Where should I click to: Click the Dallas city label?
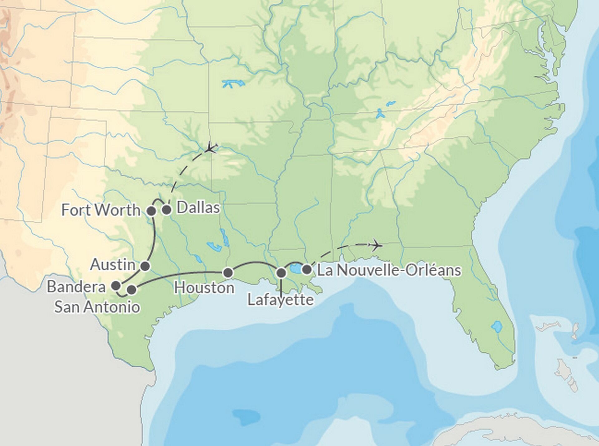(198, 208)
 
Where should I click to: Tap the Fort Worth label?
(101, 210)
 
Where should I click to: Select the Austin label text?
(113, 265)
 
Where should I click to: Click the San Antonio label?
(97, 307)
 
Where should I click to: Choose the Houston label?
(204, 288)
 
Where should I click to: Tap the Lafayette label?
(280, 300)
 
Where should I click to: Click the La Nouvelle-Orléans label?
(389, 270)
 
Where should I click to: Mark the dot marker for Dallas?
(167, 210)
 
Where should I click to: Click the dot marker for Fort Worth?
(151, 211)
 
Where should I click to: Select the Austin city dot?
(145, 266)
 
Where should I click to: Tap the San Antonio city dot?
(132, 290)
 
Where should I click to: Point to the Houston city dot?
(228, 273)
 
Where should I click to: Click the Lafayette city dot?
(281, 273)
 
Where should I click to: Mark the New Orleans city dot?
(307, 269)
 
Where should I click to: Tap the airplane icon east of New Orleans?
(375, 245)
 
